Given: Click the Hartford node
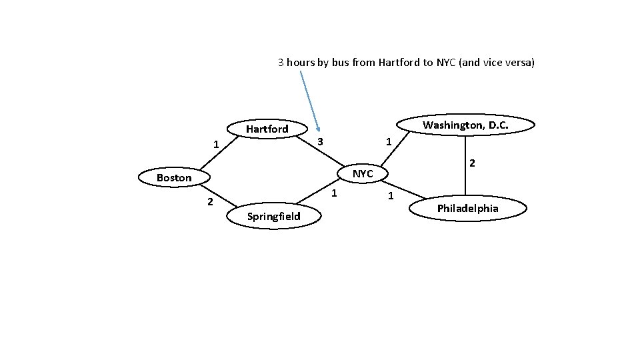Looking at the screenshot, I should pos(267,129).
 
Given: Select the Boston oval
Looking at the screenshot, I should pos(174,178).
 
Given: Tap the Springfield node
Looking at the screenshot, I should pos(273,216).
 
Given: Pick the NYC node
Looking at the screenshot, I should pos(363,174).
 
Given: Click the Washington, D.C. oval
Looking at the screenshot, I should pos(465,125).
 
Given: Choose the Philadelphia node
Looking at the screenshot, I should pos(467,209).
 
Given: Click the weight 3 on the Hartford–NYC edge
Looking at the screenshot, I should pos(320,142).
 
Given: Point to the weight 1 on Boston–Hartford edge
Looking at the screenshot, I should pos(215,144).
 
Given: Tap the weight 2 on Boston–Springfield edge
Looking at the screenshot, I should pos(209,201).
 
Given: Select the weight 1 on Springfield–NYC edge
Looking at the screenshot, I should pos(335,193).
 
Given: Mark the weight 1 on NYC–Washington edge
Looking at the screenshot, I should pos(389,142).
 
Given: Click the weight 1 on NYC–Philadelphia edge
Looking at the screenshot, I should pos(391,195).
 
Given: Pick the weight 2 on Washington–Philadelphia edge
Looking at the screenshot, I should pos(471,163).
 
